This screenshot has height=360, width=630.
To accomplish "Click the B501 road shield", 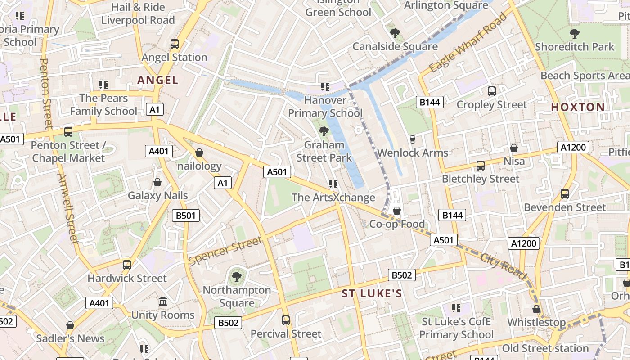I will [186, 216].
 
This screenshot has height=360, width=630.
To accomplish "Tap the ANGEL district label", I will [158, 80].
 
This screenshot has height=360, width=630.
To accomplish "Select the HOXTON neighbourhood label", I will [578, 107].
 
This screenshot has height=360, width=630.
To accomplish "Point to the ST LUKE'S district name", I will [372, 294].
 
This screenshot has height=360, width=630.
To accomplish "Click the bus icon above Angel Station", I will [175, 44].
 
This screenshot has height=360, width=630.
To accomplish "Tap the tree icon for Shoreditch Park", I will [574, 33].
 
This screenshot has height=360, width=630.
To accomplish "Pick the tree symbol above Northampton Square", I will [236, 276].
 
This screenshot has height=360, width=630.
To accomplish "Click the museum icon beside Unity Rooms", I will [163, 301].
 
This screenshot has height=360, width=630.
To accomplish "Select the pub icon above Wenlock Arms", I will [413, 139].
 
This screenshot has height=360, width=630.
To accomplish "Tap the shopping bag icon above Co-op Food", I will [397, 210].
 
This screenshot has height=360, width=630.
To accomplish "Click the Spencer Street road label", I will [225, 251].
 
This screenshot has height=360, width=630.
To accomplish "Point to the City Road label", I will [503, 265].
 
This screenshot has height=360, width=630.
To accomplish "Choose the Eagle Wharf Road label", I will [468, 43].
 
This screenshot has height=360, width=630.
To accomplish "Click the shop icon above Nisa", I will [514, 148].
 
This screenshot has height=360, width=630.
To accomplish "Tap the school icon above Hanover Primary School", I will [325, 86].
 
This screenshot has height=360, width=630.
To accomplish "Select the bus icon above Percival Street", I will [286, 320].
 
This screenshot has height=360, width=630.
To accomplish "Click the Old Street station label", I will [545, 348].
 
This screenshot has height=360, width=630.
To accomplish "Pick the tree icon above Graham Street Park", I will [324, 131].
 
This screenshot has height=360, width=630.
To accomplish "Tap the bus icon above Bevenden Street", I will [565, 194].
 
